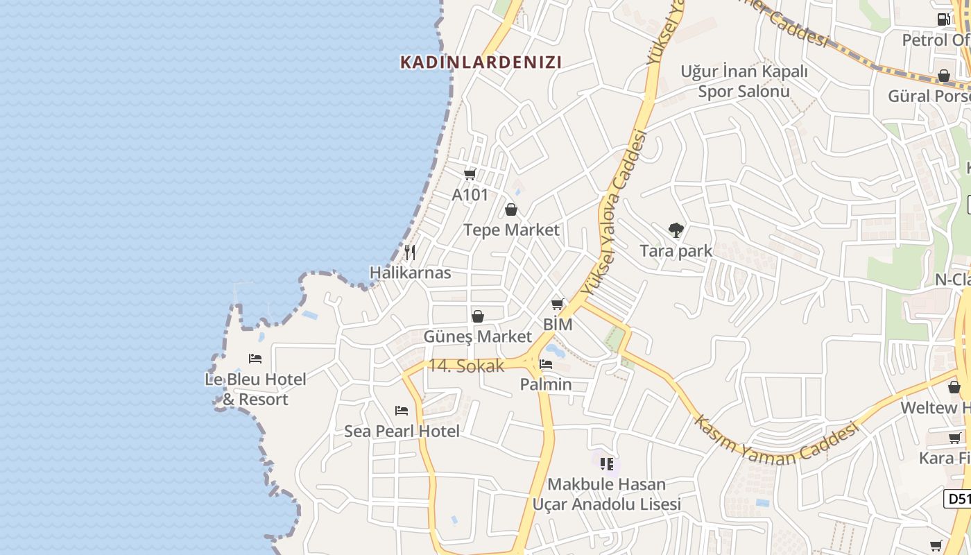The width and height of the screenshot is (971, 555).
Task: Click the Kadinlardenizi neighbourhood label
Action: tap(481, 62)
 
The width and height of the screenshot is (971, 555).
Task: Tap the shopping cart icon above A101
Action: tap(470, 174)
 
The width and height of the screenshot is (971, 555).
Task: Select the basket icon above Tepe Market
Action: tap(511, 210)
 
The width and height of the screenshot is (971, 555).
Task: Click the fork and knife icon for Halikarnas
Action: tap(410, 252)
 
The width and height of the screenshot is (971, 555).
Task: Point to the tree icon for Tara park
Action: tap(676, 230)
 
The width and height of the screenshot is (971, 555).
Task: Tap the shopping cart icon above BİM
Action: tap(558, 304)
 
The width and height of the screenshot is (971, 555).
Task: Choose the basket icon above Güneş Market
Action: tap(478, 317)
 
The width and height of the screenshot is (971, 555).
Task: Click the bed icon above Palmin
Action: tap(547, 364)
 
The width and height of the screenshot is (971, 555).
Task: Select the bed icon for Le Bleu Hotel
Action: tap(255, 359)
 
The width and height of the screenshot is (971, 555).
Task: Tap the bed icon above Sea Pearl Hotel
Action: tap(402, 411)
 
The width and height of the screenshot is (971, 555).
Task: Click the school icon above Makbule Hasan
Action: tap(607, 463)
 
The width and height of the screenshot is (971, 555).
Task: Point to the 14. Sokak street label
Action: tap(466, 366)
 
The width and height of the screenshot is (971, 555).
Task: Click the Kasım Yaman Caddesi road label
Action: tap(777, 442)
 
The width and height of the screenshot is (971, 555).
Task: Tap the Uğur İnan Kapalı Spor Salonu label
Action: tap(744, 81)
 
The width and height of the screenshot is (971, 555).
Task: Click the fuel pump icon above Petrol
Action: tap(943, 19)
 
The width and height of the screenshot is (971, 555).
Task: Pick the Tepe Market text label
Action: tap(511, 230)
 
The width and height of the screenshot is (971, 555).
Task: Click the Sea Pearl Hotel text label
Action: tap(402, 431)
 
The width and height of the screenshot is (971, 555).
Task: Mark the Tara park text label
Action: tap(676, 250)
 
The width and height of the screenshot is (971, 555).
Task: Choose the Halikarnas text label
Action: tap(410, 273)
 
